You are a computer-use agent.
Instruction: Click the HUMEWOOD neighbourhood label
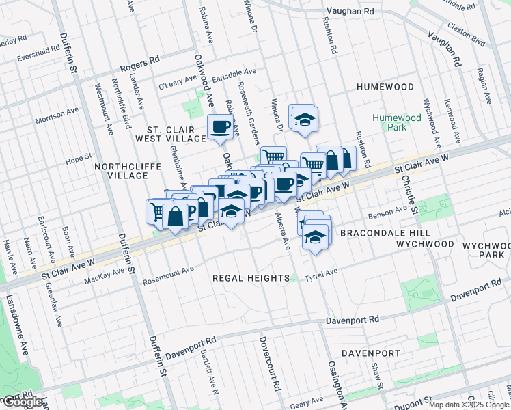click(385, 87)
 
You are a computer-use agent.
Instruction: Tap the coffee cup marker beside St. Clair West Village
click(220, 128)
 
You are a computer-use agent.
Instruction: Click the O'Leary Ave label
click(176, 86)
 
